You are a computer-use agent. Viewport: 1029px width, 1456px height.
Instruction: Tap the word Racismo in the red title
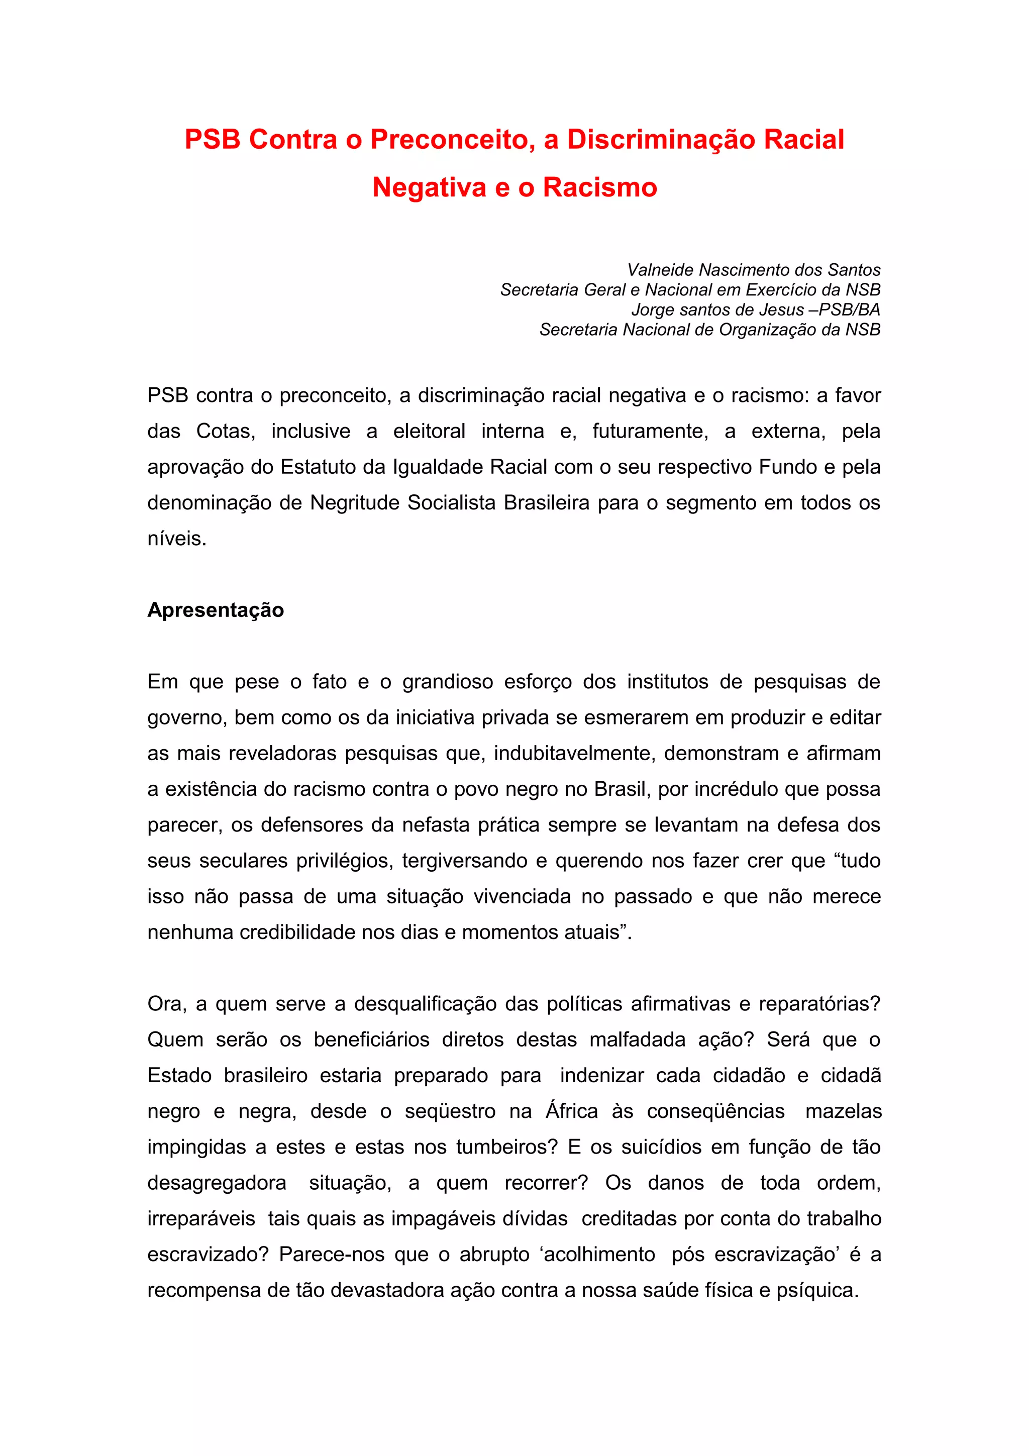pyautogui.click(x=600, y=187)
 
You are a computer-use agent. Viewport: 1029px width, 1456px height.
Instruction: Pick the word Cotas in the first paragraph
pyautogui.click(x=225, y=431)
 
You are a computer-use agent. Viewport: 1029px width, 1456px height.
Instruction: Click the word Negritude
pyautogui.click(x=355, y=503)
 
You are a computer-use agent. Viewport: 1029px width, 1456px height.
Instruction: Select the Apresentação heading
pyautogui.click(x=216, y=610)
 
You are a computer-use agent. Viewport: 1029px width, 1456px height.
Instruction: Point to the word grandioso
pyautogui.click(x=448, y=682)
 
